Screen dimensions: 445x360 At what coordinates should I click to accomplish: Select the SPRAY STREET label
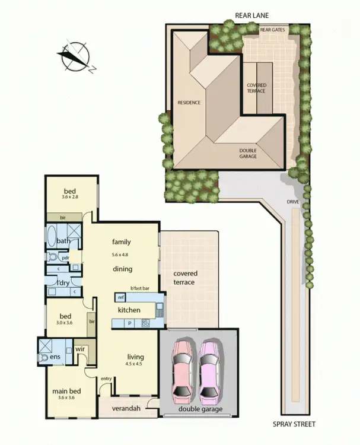[x=294, y=424]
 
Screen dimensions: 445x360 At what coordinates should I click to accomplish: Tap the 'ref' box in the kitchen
[x=121, y=297]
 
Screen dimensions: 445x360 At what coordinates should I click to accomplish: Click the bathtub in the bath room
[x=52, y=236]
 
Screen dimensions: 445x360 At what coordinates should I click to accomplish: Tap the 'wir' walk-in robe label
[x=81, y=349]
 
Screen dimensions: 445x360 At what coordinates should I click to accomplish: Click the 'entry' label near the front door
[x=106, y=379]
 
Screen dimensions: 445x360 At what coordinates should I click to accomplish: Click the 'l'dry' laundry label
[x=62, y=282]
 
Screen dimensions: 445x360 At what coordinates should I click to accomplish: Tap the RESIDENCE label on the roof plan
[x=189, y=103]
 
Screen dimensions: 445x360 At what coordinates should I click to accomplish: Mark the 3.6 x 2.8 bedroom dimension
[x=70, y=197]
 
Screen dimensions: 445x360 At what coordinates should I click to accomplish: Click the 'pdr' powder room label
[x=65, y=258]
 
